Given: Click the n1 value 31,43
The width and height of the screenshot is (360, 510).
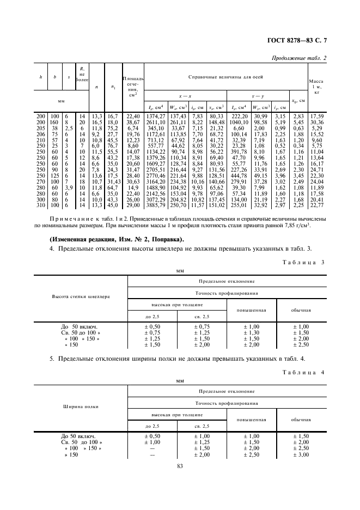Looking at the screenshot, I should (x=113, y=181).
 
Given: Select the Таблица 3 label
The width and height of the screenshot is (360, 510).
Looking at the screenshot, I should (x=304, y=262).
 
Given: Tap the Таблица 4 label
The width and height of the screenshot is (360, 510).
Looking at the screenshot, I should (x=304, y=372).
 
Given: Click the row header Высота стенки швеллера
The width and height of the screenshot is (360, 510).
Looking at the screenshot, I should (x=81, y=296).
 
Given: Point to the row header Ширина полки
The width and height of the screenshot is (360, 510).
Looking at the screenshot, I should (x=81, y=406).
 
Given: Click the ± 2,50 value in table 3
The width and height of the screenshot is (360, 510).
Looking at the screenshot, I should (x=301, y=344).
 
